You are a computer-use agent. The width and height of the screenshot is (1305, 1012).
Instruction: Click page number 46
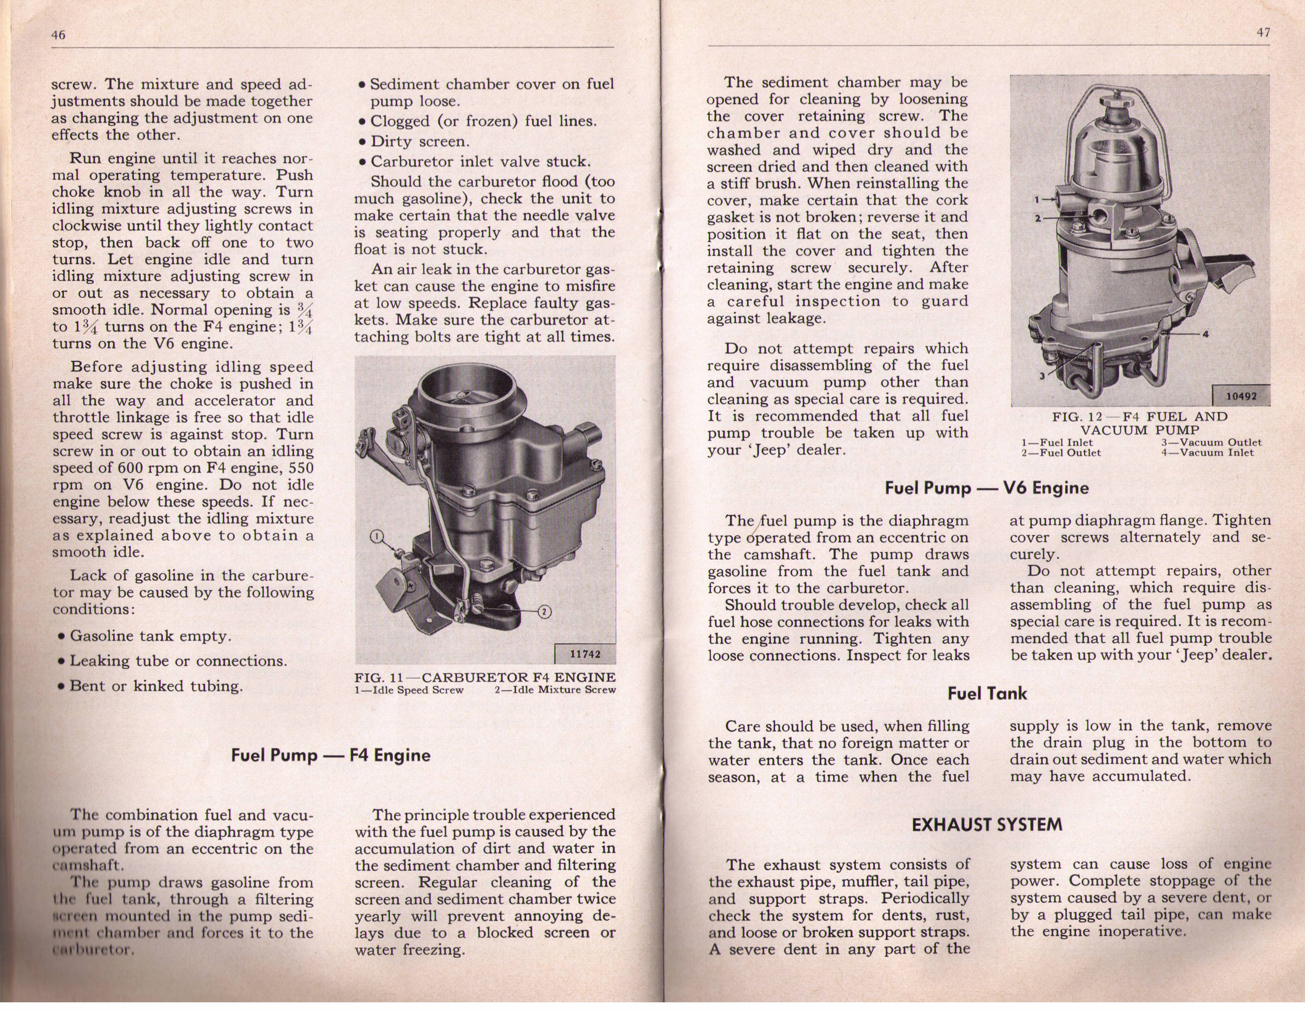pos(58,35)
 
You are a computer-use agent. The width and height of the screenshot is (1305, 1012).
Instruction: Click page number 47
pos(1263,33)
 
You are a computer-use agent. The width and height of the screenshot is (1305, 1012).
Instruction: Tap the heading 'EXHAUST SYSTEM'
pos(987,825)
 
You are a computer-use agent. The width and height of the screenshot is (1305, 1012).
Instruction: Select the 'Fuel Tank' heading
pos(987,694)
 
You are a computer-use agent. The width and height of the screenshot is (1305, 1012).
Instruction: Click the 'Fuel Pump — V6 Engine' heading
pos(987,488)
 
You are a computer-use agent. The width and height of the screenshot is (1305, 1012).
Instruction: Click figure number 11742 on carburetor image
pos(584,654)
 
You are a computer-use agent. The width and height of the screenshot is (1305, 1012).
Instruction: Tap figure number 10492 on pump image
pos(1241,396)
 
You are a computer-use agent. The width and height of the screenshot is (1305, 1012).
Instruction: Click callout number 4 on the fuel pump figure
pos(1205,334)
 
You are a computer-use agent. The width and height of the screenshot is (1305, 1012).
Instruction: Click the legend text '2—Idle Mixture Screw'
pos(555,690)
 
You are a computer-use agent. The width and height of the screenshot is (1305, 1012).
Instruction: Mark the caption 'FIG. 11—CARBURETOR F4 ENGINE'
pos(485,677)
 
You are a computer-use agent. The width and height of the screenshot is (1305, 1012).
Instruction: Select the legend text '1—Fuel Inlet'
pos(1057,443)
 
